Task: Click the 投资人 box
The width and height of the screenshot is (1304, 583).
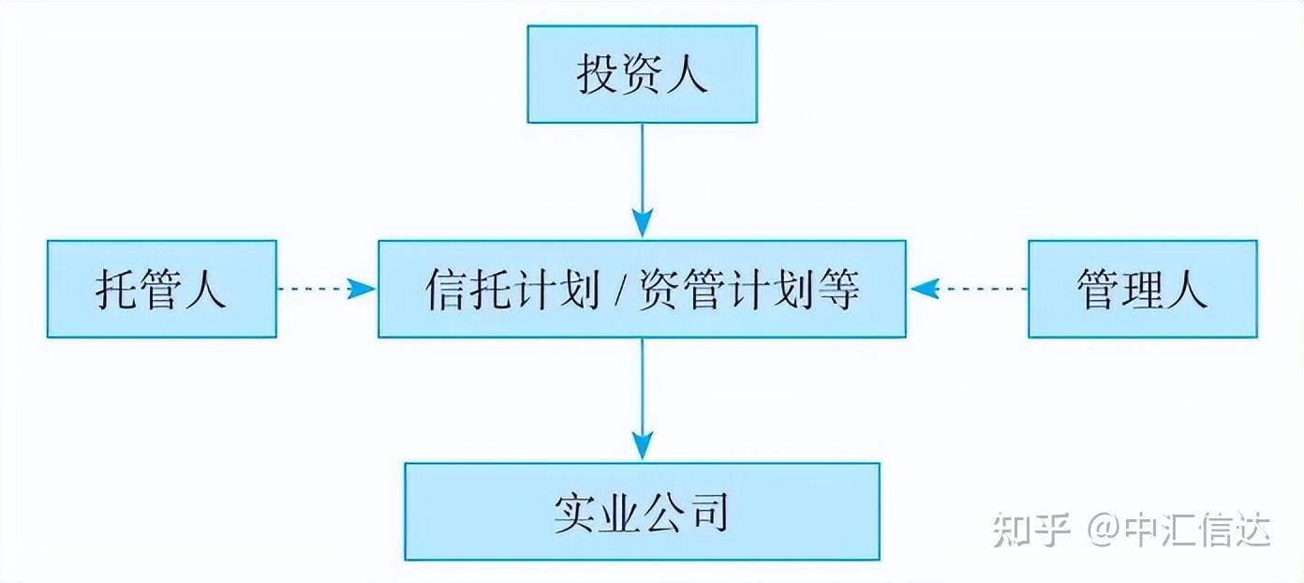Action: pos(642,74)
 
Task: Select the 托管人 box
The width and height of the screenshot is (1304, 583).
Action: pos(162,289)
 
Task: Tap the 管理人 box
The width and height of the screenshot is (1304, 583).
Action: pos(1143,289)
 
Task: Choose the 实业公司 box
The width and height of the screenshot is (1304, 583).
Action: pos(642,512)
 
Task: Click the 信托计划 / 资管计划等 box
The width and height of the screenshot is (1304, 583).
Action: pos(642,289)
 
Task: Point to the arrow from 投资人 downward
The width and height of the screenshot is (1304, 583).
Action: pos(642,180)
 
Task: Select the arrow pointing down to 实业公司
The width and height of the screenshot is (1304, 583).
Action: pos(642,399)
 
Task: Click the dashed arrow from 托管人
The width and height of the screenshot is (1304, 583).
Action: pos(327,289)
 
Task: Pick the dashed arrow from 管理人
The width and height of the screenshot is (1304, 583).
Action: pos(968,289)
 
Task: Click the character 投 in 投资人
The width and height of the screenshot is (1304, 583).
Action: pos(597,74)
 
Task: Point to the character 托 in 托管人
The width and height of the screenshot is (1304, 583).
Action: pos(116,290)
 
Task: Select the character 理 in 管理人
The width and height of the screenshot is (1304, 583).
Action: pos(1142,290)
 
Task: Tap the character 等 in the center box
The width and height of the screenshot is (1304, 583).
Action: pos(838,290)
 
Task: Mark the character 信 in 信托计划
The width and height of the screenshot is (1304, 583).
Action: pos(446,290)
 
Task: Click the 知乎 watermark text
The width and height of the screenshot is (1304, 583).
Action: pos(1031,530)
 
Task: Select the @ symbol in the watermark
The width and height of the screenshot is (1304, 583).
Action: pos(1104,530)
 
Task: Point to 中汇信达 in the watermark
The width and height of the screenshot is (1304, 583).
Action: pos(1197,530)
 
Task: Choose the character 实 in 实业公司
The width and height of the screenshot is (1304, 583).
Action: pos(574,513)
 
